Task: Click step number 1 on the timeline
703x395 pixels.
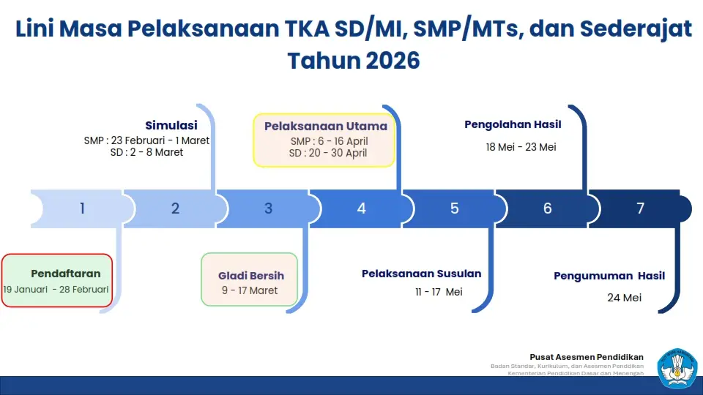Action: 83,208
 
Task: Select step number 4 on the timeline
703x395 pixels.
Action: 361,208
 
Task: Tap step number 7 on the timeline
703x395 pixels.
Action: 640,208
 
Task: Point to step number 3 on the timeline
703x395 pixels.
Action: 268,208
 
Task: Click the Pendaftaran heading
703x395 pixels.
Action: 65,274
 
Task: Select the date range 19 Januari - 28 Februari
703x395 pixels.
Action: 56,290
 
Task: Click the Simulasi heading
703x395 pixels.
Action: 171,125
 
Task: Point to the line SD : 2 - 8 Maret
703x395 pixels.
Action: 146,152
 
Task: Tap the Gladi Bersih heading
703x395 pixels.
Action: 251,276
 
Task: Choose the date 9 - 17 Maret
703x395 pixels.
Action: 250,290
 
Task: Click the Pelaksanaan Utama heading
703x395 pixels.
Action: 325,127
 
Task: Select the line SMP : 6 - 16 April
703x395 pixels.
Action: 329,141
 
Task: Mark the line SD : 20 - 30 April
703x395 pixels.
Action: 328,153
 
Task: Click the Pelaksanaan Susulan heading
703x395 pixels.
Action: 422,274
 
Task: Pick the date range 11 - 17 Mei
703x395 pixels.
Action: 439,292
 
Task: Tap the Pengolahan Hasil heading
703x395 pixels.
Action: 513,124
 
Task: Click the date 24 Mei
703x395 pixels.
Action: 624,298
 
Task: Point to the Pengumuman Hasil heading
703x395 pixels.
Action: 609,276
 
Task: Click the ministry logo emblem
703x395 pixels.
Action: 677,369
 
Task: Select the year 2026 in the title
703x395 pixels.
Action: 393,61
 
